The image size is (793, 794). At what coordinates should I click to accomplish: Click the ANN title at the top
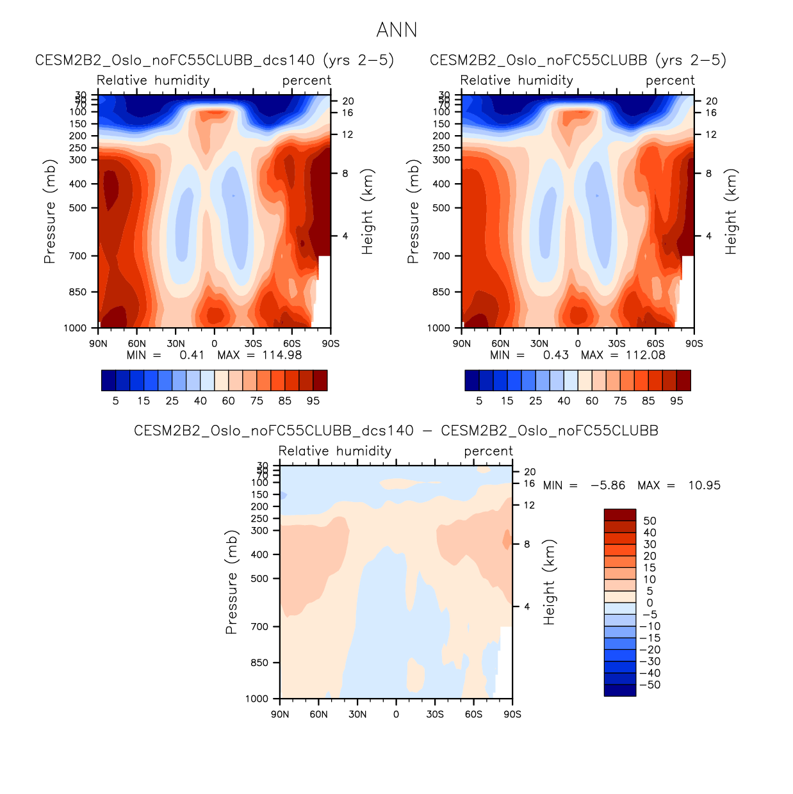tap(396, 30)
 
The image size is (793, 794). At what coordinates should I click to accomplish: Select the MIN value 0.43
tap(555, 355)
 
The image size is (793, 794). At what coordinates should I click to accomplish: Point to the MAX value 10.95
tap(704, 485)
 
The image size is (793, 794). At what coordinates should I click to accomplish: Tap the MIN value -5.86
tap(607, 485)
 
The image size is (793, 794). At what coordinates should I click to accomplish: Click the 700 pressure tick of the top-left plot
tap(78, 256)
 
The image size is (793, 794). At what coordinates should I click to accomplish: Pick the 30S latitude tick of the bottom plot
tap(435, 714)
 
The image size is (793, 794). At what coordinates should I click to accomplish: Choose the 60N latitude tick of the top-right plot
tap(500, 343)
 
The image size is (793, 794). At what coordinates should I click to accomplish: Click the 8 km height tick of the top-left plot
tap(345, 174)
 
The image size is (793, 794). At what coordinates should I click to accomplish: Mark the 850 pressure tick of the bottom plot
tap(259, 663)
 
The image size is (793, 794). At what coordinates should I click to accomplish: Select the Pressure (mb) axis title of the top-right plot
tap(413, 211)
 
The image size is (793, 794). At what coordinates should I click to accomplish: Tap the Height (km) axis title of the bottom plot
tap(549, 582)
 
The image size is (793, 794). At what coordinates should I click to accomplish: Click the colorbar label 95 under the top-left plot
tap(313, 401)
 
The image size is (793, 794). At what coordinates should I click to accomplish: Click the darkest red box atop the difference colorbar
tap(619, 515)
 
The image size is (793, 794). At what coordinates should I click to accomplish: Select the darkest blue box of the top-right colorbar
tap(472, 380)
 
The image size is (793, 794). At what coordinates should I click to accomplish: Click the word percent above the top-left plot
tap(307, 81)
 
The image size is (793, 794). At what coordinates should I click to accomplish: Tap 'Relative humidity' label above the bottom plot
tap(334, 451)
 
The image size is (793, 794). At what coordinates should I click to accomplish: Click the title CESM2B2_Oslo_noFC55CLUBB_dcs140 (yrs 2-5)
tap(214, 60)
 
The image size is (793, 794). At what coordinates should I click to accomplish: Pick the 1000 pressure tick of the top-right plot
tap(439, 328)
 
